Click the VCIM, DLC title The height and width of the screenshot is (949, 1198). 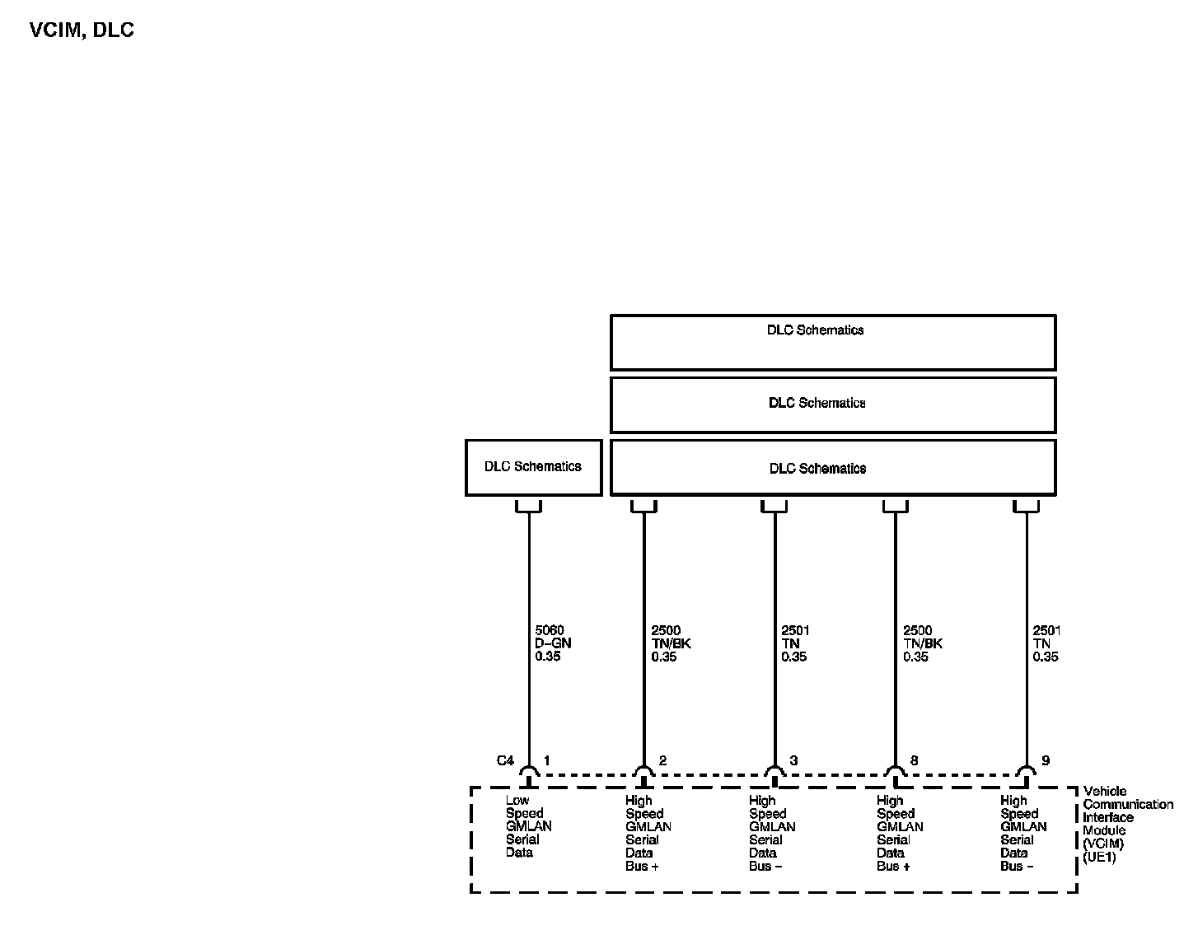pos(82,30)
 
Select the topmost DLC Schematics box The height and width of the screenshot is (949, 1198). pos(832,342)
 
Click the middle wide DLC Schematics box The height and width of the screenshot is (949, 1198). pos(832,404)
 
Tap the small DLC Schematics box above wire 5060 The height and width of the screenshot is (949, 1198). pos(533,467)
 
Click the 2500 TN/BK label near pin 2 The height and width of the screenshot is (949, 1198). pos(671,643)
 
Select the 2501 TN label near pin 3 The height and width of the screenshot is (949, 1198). pos(795,643)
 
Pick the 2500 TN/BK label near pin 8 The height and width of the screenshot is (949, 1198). pos(922,643)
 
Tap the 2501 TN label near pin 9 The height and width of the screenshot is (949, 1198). pos(1046,643)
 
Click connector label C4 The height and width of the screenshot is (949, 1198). pos(505,760)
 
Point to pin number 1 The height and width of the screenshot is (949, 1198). pos(546,760)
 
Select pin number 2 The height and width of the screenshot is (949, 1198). pos(662,760)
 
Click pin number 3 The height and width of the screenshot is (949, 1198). pos(793,760)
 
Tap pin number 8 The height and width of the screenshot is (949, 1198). pos(914,760)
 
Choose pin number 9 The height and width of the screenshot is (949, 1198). pos(1046,760)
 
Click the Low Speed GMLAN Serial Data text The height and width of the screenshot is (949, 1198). pos(528,826)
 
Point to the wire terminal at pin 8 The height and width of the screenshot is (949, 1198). pos(895,772)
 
